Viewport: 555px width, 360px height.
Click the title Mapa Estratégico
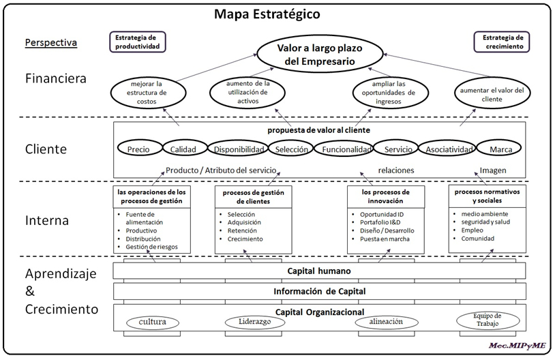(x=267, y=14)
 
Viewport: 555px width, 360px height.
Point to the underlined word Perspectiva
(x=51, y=42)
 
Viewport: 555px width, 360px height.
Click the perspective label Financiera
(x=56, y=78)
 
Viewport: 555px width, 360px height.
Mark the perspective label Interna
(x=47, y=220)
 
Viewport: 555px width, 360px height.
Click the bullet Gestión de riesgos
(x=151, y=247)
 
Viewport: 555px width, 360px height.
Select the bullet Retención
(x=242, y=230)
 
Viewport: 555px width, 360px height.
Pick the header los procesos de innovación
(x=385, y=196)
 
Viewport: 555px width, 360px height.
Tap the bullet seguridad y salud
(x=485, y=222)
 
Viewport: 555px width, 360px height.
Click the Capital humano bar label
(x=319, y=271)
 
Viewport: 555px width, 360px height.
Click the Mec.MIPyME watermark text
(x=517, y=346)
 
